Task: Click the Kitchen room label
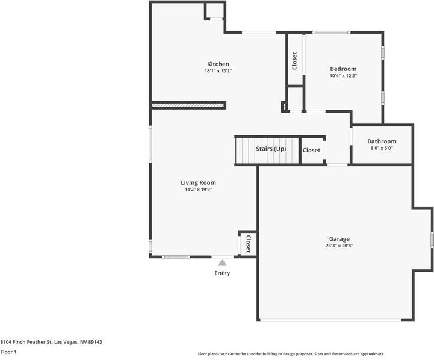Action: (x=218, y=64)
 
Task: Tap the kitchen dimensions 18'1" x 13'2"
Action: (x=218, y=71)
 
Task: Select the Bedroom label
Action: (x=343, y=69)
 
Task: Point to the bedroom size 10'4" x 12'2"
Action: (x=343, y=76)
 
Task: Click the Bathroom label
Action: (x=382, y=141)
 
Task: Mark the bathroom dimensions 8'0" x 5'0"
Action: (x=382, y=148)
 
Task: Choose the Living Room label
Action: (x=198, y=182)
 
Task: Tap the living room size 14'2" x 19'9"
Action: (x=198, y=190)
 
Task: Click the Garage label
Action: (x=339, y=238)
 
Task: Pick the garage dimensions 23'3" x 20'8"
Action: (x=339, y=246)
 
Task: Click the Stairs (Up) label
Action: (x=271, y=149)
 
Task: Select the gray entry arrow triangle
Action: (x=222, y=262)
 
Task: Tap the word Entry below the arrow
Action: (x=222, y=273)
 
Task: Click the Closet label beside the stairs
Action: (x=311, y=151)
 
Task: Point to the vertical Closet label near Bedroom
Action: (x=294, y=61)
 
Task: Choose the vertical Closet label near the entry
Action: (x=247, y=243)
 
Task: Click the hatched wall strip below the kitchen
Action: (x=188, y=105)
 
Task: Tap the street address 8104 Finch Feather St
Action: (x=51, y=342)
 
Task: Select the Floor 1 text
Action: (x=8, y=352)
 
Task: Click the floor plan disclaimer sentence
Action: (x=291, y=354)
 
